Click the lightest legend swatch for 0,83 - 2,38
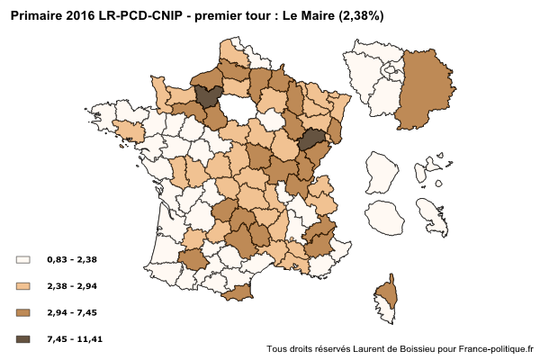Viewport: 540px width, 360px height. pyautogui.click(x=23, y=259)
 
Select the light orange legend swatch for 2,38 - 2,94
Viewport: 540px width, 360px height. pyautogui.click(x=23, y=286)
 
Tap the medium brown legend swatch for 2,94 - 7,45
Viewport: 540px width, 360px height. pyautogui.click(x=23, y=312)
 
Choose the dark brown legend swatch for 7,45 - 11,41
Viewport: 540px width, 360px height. pyautogui.click(x=23, y=339)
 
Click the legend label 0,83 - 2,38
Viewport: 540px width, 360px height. pyautogui.click(x=72, y=259)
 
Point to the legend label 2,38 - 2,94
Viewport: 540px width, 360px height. pyautogui.click(x=72, y=286)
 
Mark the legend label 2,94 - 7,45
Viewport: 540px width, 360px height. pyautogui.click(x=72, y=312)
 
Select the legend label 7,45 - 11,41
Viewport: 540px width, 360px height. pyautogui.click(x=75, y=339)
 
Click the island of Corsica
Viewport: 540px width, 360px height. pyautogui.click(x=386, y=297)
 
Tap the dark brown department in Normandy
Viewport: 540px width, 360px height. pyautogui.click(x=208, y=96)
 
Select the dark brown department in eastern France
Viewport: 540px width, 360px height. pyautogui.click(x=310, y=139)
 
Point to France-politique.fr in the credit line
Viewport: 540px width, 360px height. pyautogui.click(x=496, y=348)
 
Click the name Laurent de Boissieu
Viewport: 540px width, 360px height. pyautogui.click(x=391, y=348)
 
